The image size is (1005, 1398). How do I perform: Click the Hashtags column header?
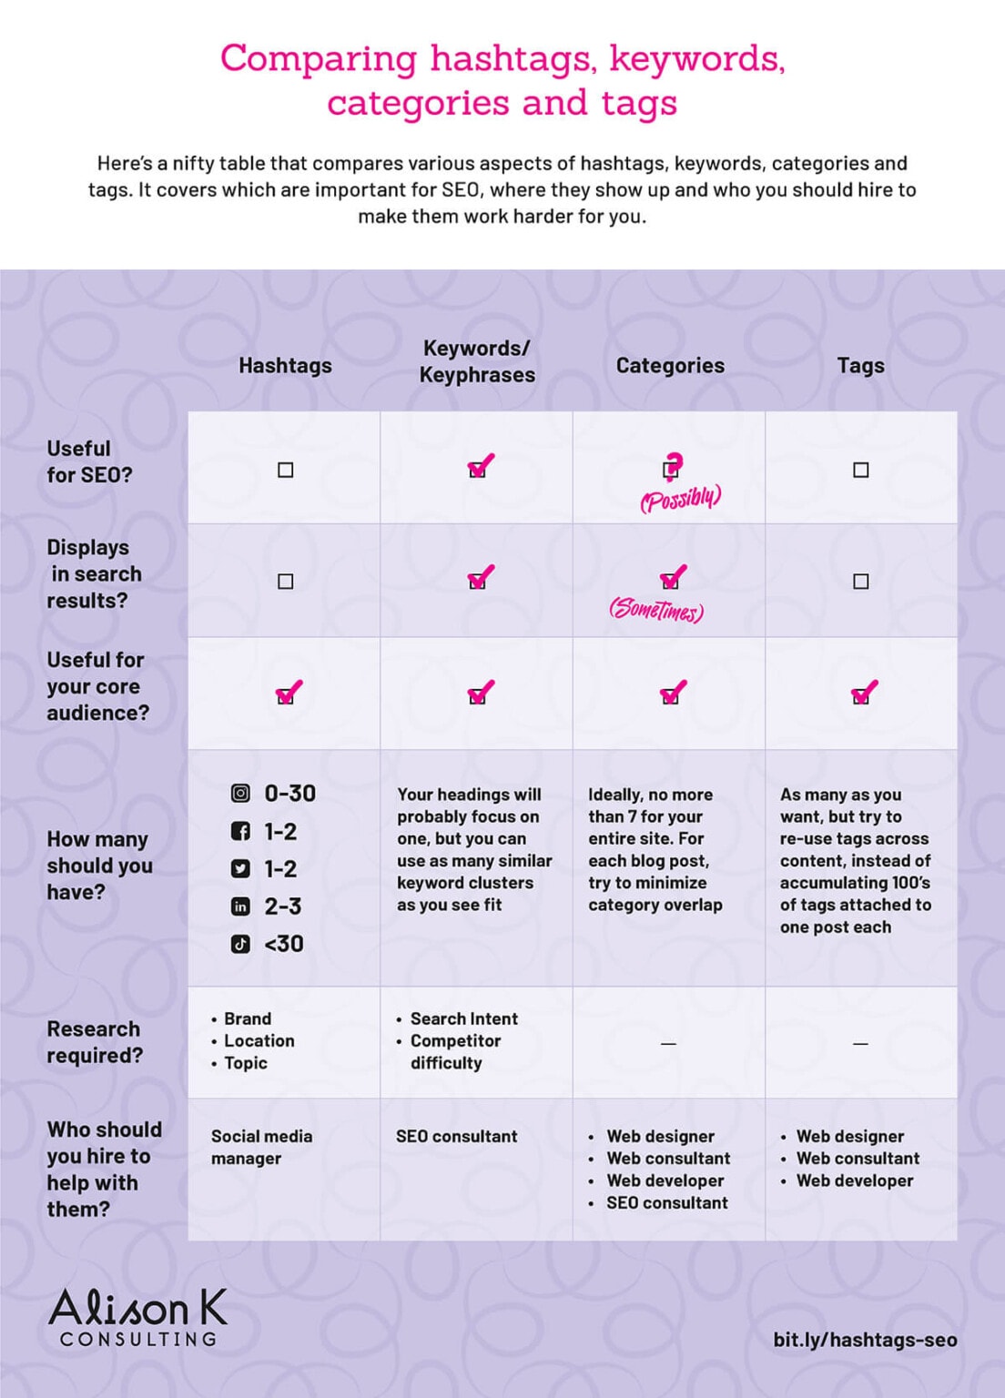coord(285,366)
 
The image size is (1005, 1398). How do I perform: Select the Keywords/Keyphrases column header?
coord(476,361)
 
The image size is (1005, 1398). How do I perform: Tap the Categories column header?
coord(670,366)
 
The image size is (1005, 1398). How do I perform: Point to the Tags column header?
coord(860,366)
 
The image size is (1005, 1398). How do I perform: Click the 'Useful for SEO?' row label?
coord(89,461)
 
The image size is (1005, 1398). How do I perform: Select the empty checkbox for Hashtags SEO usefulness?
coord(286,470)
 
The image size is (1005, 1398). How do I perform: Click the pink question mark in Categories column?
coord(672,465)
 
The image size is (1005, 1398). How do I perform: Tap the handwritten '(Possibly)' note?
coord(680,498)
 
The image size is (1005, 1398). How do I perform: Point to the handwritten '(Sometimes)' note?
coord(656,609)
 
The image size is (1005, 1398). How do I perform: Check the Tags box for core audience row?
coord(861,694)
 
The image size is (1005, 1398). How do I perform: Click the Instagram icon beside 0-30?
coord(240,794)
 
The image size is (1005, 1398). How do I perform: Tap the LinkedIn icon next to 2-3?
coord(240,907)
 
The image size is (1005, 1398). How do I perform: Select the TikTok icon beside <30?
coord(240,944)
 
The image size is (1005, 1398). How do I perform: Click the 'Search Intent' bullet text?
coord(463,1018)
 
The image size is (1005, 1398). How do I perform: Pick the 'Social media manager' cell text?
coord(261,1147)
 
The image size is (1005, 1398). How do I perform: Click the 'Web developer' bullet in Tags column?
coord(854,1180)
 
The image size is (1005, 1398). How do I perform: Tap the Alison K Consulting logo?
coord(137,1316)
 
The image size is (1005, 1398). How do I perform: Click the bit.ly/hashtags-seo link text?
coord(865,1340)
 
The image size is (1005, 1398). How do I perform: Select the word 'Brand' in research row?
coord(248,1018)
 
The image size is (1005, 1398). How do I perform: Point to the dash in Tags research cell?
coord(860,1043)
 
